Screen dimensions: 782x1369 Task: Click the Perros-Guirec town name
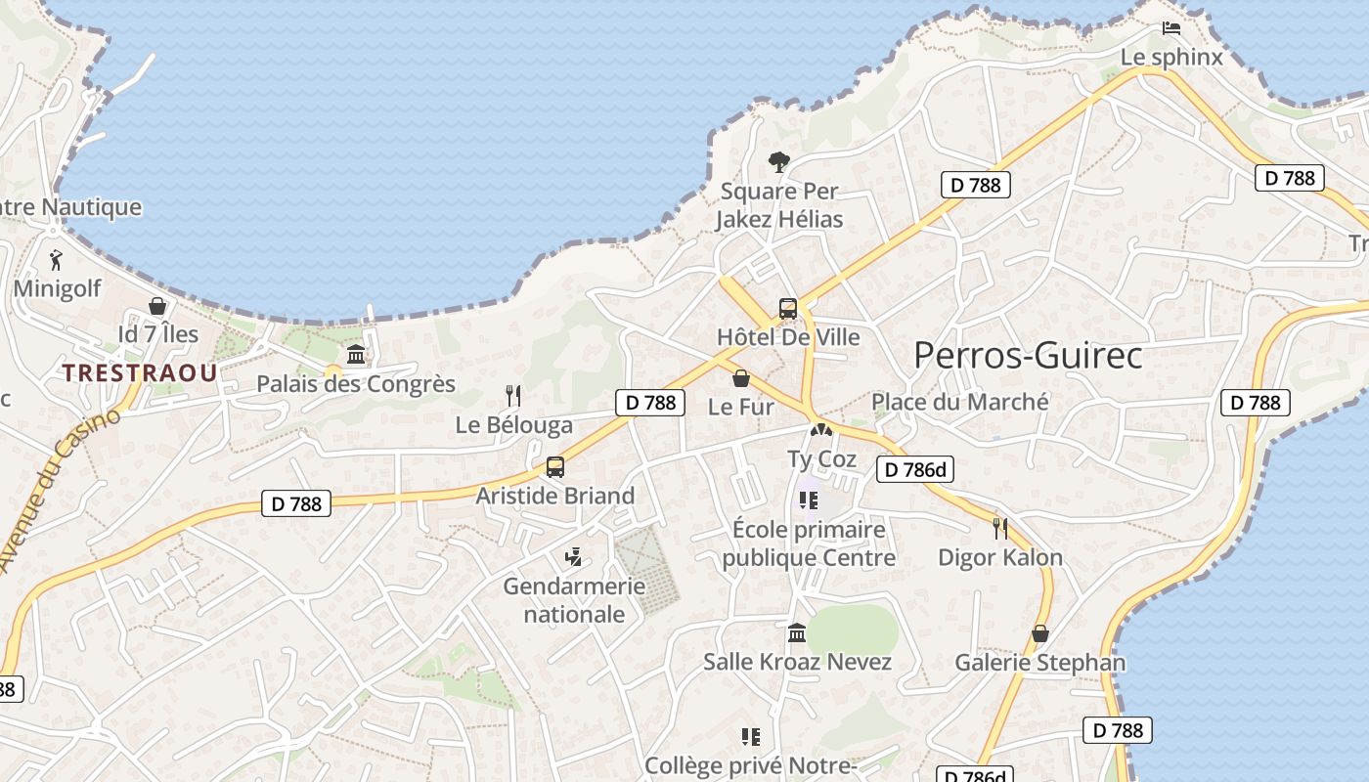pyautogui.click(x=1027, y=356)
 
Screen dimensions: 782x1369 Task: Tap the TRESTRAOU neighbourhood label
pyautogui.click(x=140, y=372)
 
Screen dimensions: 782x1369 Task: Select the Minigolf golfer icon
pyautogui.click(x=56, y=260)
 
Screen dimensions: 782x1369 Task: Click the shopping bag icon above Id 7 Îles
pyautogui.click(x=157, y=307)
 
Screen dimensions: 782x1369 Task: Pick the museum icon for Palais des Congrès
pyautogui.click(x=356, y=355)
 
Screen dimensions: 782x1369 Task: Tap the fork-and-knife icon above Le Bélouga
pyautogui.click(x=513, y=396)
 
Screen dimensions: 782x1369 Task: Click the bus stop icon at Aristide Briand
pyautogui.click(x=555, y=467)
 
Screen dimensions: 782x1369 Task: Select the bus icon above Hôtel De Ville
pyautogui.click(x=788, y=309)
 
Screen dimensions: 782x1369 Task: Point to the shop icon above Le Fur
pyautogui.click(x=741, y=378)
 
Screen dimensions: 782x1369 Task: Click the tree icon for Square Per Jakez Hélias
pyautogui.click(x=779, y=162)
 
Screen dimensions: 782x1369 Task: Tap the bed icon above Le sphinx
pyautogui.click(x=1170, y=28)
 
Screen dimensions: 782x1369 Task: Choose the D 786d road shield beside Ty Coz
pyautogui.click(x=914, y=470)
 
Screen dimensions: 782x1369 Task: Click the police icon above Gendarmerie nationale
pyautogui.click(x=574, y=557)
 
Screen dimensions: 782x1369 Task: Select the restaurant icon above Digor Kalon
pyautogui.click(x=1000, y=529)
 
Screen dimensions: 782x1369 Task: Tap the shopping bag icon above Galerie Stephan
pyautogui.click(x=1040, y=633)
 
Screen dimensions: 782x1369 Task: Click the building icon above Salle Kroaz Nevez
pyautogui.click(x=797, y=633)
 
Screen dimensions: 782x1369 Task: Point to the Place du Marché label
pyautogui.click(x=959, y=402)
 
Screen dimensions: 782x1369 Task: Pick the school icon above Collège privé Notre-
pyautogui.click(x=751, y=736)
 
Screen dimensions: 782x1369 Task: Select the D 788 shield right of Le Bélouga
pyautogui.click(x=650, y=402)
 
